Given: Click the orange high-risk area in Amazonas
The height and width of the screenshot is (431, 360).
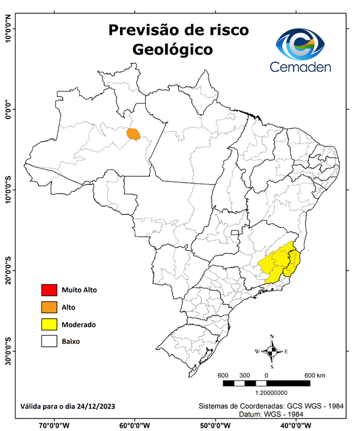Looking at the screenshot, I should click(x=133, y=134).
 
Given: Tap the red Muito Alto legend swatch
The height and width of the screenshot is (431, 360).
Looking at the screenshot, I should click(x=49, y=290).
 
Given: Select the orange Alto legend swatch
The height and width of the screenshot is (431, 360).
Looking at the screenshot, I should click(x=49, y=307).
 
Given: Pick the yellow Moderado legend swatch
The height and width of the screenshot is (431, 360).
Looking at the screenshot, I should click(x=49, y=324).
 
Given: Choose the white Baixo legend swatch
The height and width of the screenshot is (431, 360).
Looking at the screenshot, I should click(x=49, y=341).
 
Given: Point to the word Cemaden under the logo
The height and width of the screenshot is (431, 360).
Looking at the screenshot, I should click(x=301, y=67).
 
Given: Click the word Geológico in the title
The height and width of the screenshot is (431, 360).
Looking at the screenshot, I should click(x=173, y=49).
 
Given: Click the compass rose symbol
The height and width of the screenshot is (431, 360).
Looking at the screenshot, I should click(x=272, y=351).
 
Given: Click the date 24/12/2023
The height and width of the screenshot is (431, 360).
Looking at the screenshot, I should click(x=96, y=406).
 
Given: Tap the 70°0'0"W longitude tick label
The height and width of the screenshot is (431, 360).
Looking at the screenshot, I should click(x=54, y=425).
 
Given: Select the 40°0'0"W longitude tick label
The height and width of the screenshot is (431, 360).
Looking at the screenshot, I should click(x=295, y=425).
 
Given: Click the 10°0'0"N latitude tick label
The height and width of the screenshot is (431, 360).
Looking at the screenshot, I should click(x=8, y=29).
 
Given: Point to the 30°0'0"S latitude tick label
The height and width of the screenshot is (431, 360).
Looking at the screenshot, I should click(x=8, y=351).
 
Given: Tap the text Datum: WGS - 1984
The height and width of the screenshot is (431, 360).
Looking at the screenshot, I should click(x=271, y=414).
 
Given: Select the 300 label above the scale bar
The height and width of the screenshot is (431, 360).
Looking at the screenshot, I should click(x=244, y=375).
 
